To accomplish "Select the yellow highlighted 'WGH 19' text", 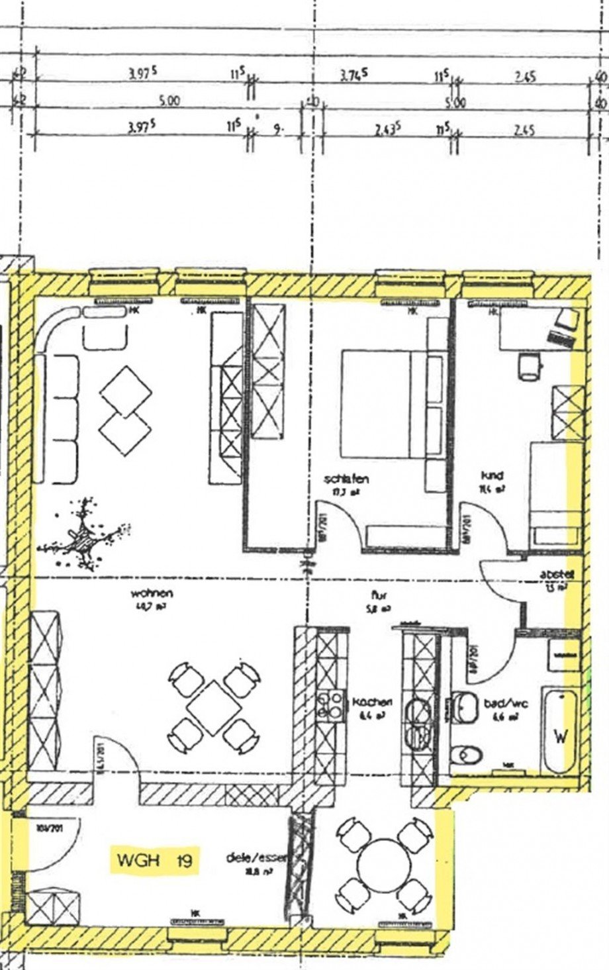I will pos(154,861).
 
